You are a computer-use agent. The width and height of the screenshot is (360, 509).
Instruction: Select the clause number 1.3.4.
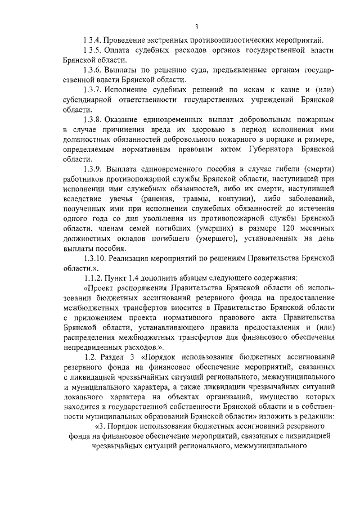[x=93, y=40]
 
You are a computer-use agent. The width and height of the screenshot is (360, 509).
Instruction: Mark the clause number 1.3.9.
[x=93, y=170]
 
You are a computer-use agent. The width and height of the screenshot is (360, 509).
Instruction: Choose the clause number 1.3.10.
[x=94, y=259]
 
